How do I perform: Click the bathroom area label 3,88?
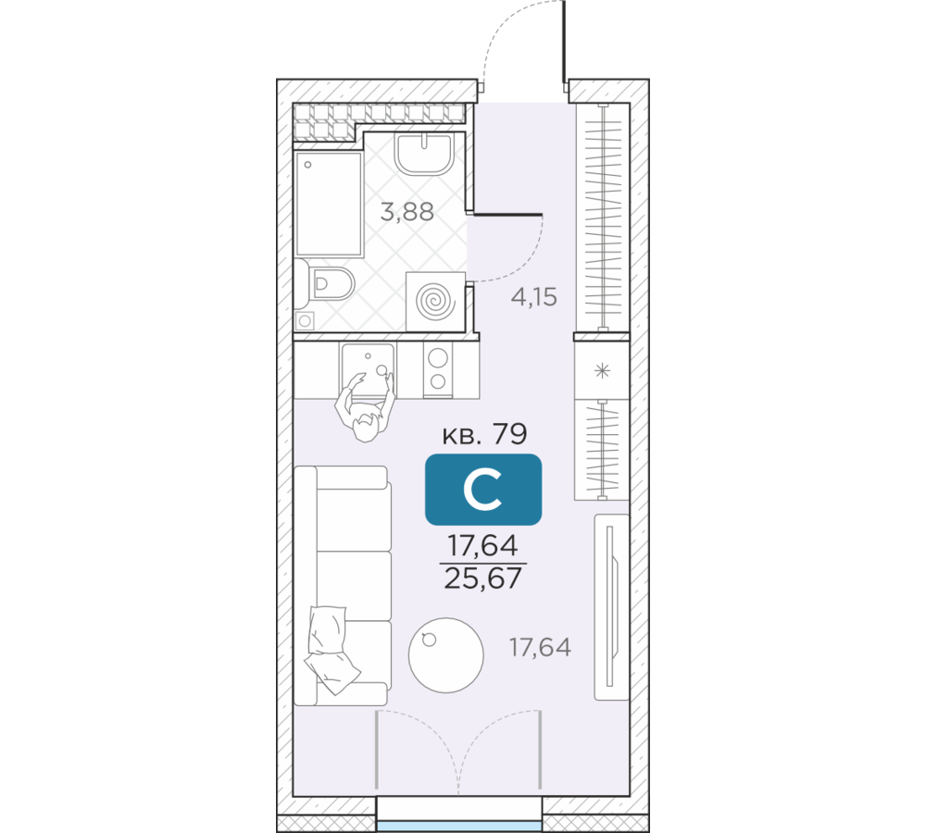point(407,211)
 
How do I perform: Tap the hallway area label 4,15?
point(534,297)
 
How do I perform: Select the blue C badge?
point(483,490)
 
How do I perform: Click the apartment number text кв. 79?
point(484,434)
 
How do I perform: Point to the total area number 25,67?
point(483,578)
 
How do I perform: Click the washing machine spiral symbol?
point(436,302)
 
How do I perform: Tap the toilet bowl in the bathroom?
point(331,284)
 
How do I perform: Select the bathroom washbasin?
point(425,154)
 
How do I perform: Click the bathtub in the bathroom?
point(329,205)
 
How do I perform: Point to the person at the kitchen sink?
point(366,407)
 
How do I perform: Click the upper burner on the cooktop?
point(438,358)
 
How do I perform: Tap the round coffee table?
point(446,654)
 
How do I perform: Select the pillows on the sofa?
point(331,650)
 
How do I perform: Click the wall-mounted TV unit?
point(611,607)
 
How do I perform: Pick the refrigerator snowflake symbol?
point(602,371)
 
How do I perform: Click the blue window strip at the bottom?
point(459,826)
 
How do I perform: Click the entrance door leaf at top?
point(565,42)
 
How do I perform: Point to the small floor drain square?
point(305,321)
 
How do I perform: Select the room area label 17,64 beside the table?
point(540,648)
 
